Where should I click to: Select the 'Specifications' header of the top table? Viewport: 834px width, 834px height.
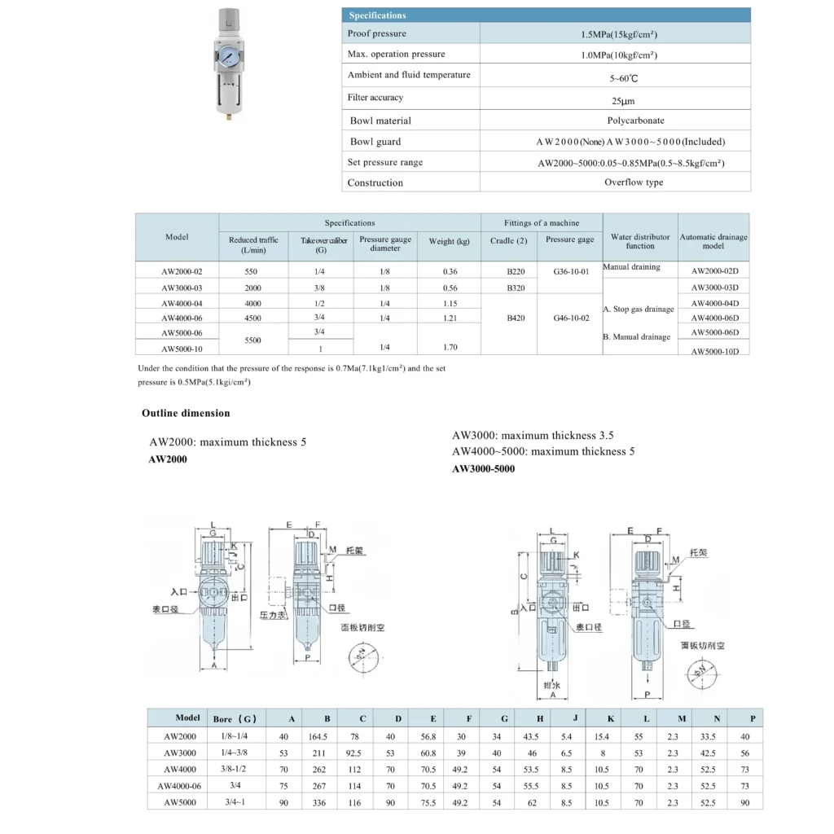(x=377, y=15)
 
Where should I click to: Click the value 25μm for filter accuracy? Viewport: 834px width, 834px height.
(x=623, y=101)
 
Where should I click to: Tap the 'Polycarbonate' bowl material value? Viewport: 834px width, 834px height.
(x=635, y=121)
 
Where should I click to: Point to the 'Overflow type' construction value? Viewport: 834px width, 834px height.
(x=634, y=182)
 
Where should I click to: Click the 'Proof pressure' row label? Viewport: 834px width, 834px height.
(x=376, y=33)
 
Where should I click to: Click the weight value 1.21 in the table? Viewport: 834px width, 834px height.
(x=450, y=318)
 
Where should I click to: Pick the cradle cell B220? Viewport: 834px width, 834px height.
(x=516, y=272)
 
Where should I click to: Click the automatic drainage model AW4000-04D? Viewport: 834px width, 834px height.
(x=714, y=303)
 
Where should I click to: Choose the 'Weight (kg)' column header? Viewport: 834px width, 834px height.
(x=450, y=242)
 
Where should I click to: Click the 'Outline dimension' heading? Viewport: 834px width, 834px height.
(x=186, y=413)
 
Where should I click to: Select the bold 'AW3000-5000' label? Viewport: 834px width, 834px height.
(x=483, y=468)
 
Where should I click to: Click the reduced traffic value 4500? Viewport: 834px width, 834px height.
(x=253, y=318)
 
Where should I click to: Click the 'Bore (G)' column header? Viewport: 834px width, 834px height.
(x=235, y=719)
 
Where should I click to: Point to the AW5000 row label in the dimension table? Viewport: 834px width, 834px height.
(x=180, y=802)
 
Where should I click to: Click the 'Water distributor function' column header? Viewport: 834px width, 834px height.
(x=640, y=241)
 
